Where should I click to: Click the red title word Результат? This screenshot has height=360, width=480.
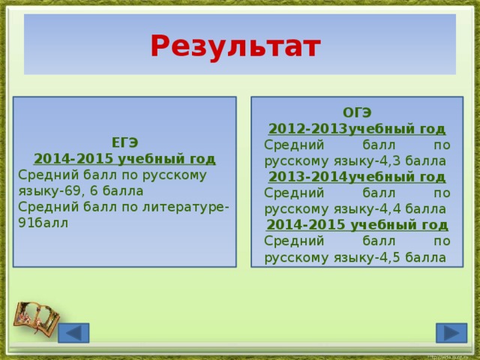coord(235,46)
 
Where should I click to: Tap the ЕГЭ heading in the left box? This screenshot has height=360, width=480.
coord(124,142)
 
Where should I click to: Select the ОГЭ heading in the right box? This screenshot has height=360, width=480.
coord(357,112)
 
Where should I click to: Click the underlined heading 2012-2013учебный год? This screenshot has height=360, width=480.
coord(357,128)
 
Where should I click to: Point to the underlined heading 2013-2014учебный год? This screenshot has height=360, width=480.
coord(357,177)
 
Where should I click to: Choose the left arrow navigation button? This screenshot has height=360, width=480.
coord(73,333)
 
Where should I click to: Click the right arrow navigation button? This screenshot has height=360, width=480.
coord(451,333)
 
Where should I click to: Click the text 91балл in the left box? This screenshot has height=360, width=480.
coord(43,223)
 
